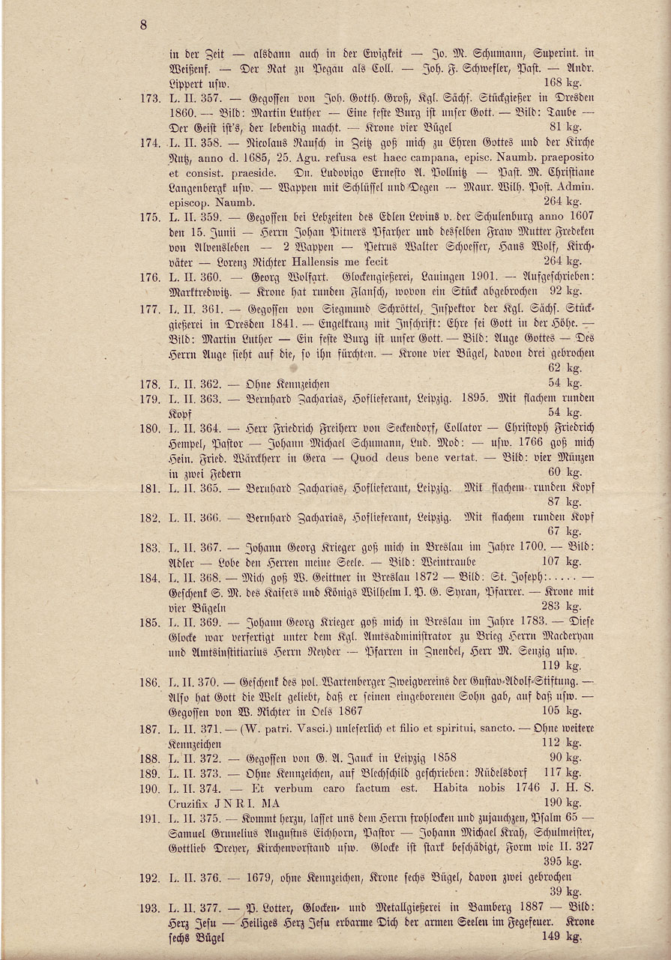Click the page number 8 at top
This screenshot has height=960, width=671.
143,25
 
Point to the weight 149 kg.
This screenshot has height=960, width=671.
564,936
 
